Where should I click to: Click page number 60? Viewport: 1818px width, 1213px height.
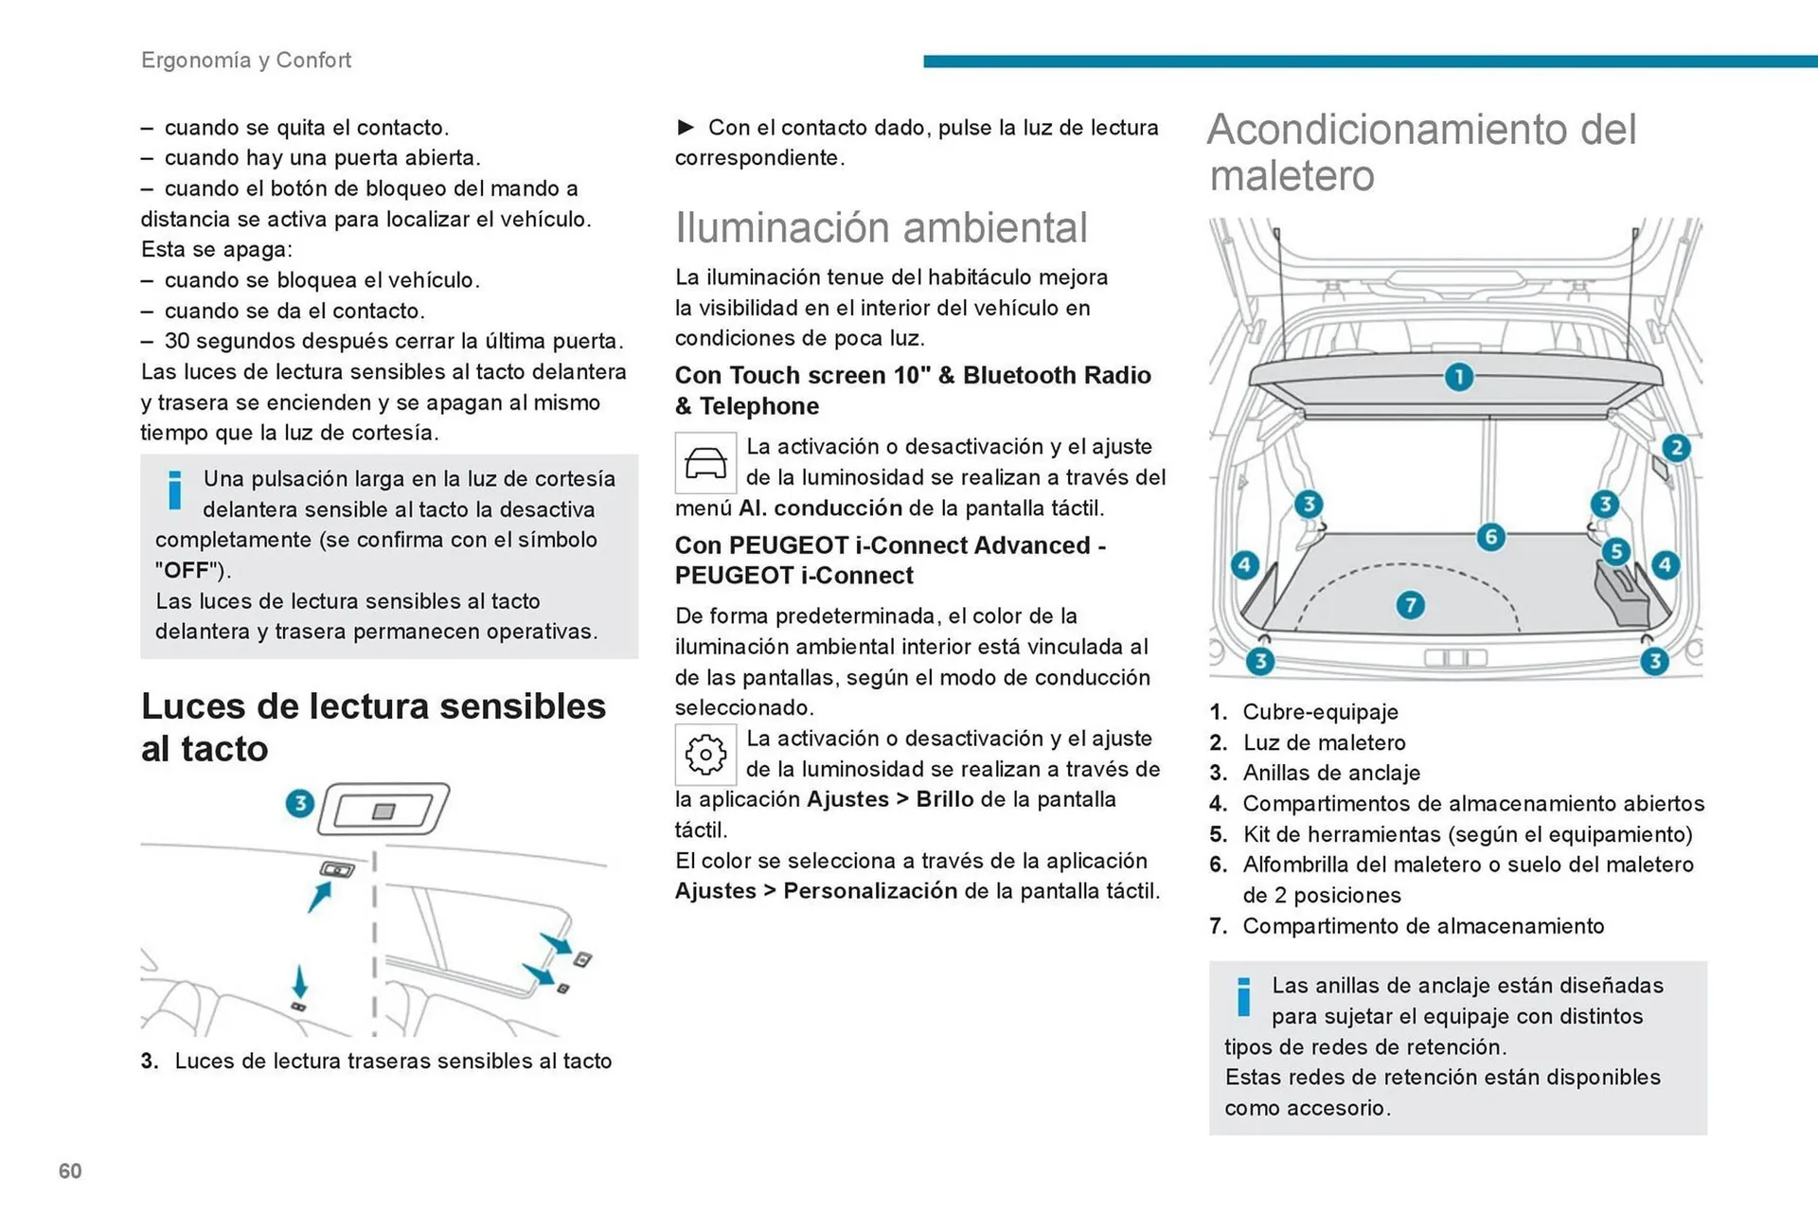(x=70, y=1171)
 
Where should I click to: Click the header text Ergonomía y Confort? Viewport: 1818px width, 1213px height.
(x=246, y=60)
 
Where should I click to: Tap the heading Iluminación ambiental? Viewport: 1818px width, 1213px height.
(x=881, y=227)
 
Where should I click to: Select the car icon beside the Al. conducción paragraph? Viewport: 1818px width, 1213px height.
(x=705, y=463)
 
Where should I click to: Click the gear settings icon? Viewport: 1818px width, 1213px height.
(x=705, y=755)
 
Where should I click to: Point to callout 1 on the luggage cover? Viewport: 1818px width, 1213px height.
(x=1458, y=378)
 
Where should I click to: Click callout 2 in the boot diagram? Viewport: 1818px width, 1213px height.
(x=1676, y=448)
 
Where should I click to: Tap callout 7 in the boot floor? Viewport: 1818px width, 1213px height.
(x=1410, y=605)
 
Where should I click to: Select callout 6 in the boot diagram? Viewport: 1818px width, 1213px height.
(x=1490, y=538)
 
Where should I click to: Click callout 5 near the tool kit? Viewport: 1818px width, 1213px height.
(x=1615, y=551)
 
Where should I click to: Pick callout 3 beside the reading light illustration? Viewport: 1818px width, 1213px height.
(x=300, y=804)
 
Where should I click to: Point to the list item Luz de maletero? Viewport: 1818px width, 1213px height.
(x=1324, y=742)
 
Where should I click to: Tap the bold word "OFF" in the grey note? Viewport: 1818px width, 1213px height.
(x=187, y=570)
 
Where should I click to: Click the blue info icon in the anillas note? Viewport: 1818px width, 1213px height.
(x=1243, y=997)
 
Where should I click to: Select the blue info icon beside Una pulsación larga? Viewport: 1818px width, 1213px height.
(x=174, y=490)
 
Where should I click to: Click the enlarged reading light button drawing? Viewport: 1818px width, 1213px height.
(x=383, y=810)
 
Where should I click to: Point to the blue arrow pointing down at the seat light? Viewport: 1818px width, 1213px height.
(x=299, y=981)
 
